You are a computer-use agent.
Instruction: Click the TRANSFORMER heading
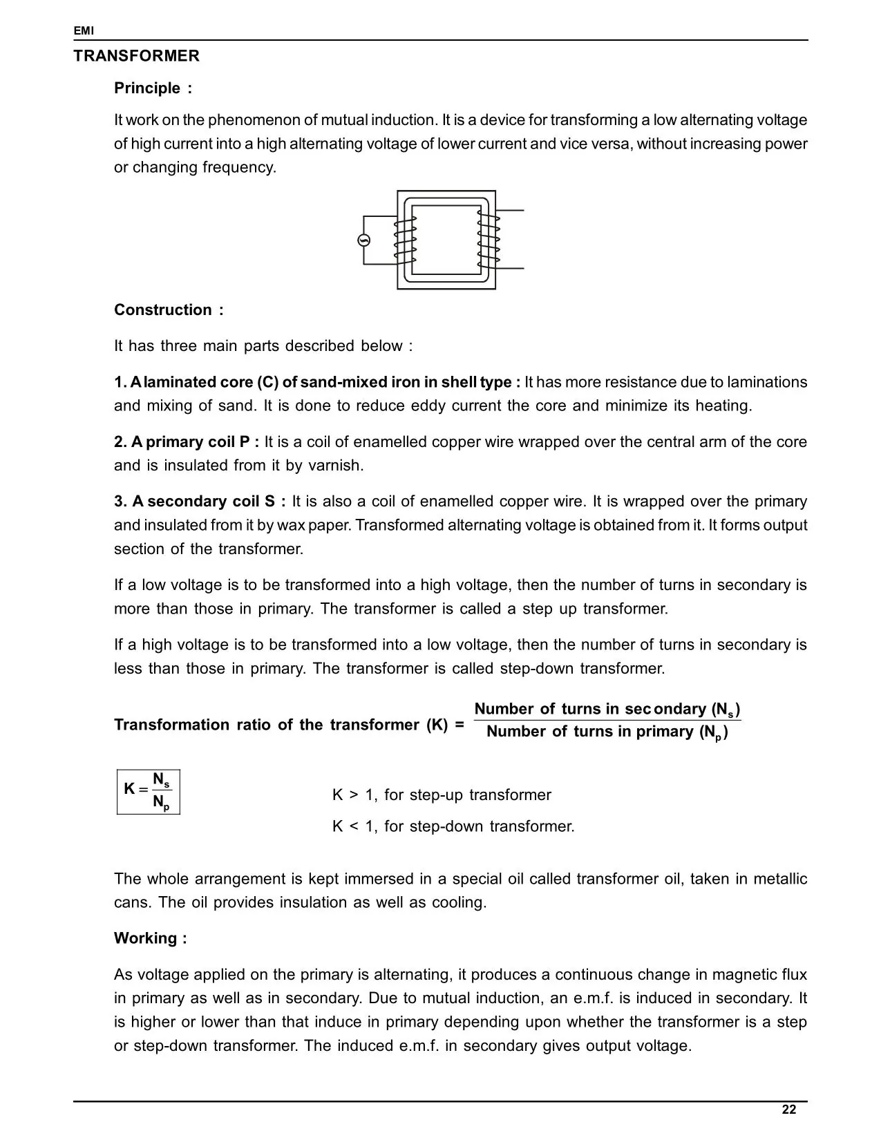(136, 57)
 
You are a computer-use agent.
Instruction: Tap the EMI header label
(84, 31)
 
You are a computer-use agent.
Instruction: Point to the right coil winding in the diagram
(489, 240)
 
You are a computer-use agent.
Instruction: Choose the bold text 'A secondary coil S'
(199, 502)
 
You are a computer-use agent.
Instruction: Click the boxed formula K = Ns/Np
(149, 791)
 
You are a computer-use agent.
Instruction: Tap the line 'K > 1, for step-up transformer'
(442, 795)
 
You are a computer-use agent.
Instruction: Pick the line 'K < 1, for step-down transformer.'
(453, 827)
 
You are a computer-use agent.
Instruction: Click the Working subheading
(150, 939)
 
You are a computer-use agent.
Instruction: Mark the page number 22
(788, 1110)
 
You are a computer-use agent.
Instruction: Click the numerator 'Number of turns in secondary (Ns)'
(607, 710)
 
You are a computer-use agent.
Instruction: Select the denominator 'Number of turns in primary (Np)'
(607, 732)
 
